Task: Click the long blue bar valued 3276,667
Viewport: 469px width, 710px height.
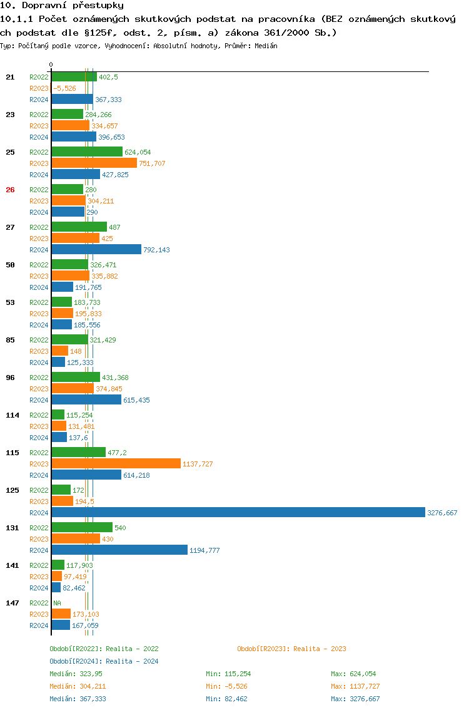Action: pos(238,513)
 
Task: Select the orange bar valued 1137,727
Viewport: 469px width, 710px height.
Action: pos(116,464)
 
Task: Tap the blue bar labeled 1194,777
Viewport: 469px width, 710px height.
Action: pos(119,550)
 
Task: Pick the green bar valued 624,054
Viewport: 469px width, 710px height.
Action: pos(87,152)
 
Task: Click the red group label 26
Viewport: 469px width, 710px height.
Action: pos(10,190)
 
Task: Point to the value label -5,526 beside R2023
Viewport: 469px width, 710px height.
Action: pos(64,88)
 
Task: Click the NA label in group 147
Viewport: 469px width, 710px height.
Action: pos(57,603)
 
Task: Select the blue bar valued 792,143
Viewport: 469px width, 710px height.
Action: pos(96,250)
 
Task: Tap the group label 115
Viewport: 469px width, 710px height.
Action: pos(12,453)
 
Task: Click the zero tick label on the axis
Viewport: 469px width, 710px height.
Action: pos(51,64)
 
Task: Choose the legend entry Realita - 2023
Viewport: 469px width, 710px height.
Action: pos(291,649)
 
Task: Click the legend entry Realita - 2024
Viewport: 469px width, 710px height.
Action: pos(104,661)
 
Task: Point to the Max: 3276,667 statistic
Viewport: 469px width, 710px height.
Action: pos(355,699)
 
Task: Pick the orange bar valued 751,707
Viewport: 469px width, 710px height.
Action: pos(94,163)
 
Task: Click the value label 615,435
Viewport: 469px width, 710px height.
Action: pos(136,400)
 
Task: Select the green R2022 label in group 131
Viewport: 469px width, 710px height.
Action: pos(39,528)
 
